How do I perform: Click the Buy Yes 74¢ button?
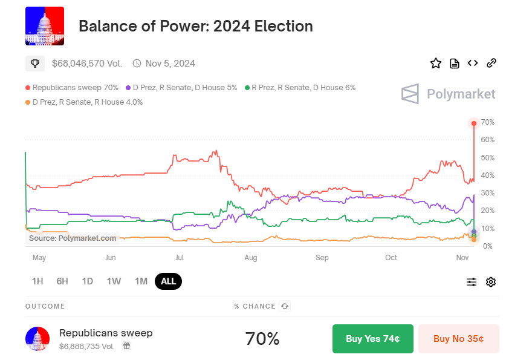coord(372,339)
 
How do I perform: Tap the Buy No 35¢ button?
coord(458,339)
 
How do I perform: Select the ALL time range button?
coord(168,281)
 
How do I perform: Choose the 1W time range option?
coord(114,281)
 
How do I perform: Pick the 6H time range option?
coord(62,281)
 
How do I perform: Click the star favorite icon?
coord(435,63)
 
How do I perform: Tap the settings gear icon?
coord(490,282)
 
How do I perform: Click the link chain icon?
coord(491,63)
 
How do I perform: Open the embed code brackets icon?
coord(473,63)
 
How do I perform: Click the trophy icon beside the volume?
coord(35,63)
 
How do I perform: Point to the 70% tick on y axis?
coord(487,123)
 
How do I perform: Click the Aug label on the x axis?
coord(251,258)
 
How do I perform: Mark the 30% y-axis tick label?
coord(487,193)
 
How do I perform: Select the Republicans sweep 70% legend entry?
coord(72,88)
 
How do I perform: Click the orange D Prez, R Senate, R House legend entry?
coord(84,102)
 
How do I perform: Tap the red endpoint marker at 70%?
coord(474,123)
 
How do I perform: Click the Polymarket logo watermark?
coord(448,94)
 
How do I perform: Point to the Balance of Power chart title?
coord(196,27)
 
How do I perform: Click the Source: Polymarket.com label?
coord(73,238)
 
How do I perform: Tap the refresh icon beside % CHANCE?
coord(285,306)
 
